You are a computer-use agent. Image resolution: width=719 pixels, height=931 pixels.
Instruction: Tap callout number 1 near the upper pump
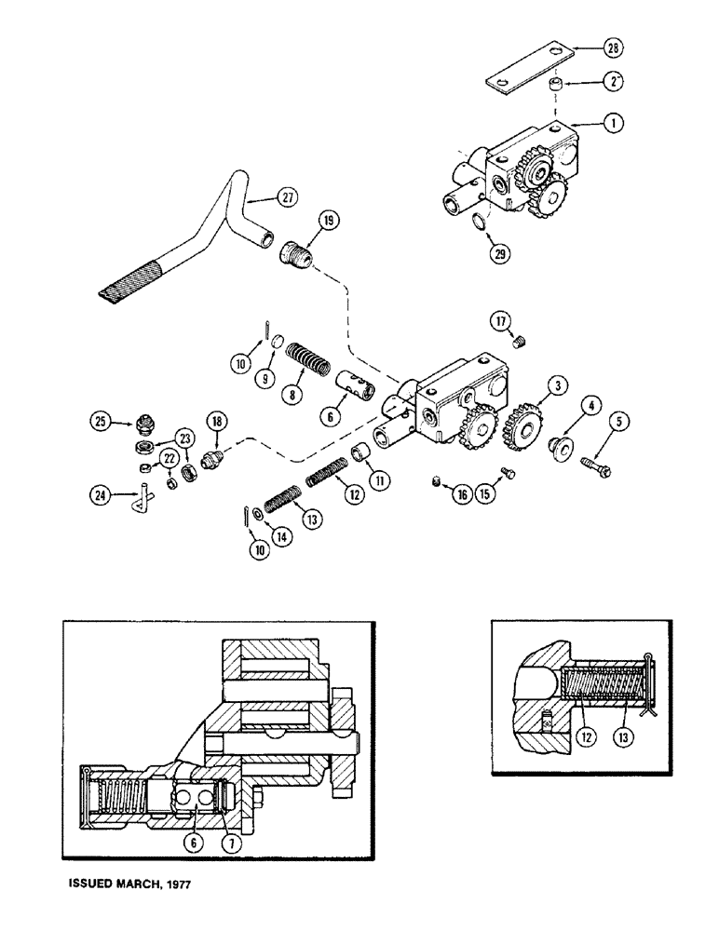587,121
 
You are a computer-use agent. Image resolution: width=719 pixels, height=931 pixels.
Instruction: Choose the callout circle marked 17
502,323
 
